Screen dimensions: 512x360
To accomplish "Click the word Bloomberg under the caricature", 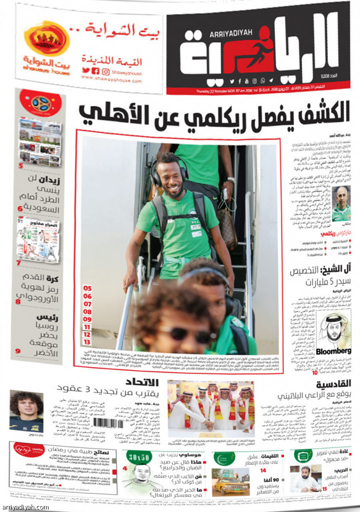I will tap(334, 350).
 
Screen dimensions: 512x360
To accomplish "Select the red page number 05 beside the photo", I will tap(87, 288).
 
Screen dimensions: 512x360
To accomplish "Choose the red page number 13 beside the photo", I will tap(87, 341).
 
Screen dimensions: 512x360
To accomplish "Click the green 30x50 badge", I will tap(138, 456).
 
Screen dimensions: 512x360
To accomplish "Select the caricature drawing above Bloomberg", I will tap(334, 327).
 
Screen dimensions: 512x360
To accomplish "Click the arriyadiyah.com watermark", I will tap(25, 506).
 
